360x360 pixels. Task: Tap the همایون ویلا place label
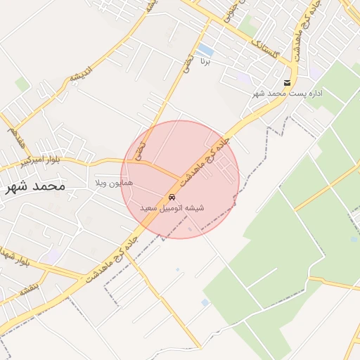pyautogui.click(x=115, y=183)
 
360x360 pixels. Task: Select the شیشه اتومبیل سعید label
pyautogui.click(x=172, y=208)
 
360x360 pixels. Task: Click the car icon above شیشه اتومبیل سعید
pyautogui.click(x=172, y=197)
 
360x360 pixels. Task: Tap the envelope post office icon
pyautogui.click(x=285, y=82)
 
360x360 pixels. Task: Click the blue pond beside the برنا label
pyautogui.click(x=205, y=50)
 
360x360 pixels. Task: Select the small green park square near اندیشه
pyautogui.click(x=22, y=84)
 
